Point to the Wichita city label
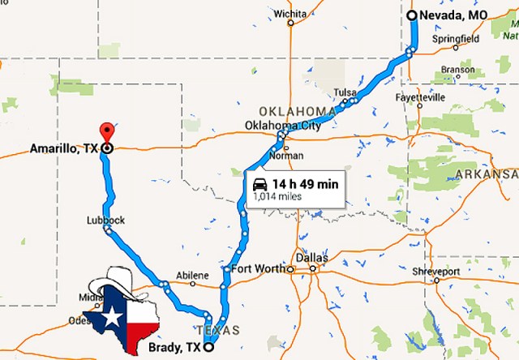[x=290, y=14]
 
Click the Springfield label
[x=455, y=38]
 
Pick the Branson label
[x=457, y=70]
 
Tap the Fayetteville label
[x=421, y=97]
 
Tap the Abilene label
[x=192, y=276]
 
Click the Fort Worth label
[x=258, y=268]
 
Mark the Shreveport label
[x=438, y=271]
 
